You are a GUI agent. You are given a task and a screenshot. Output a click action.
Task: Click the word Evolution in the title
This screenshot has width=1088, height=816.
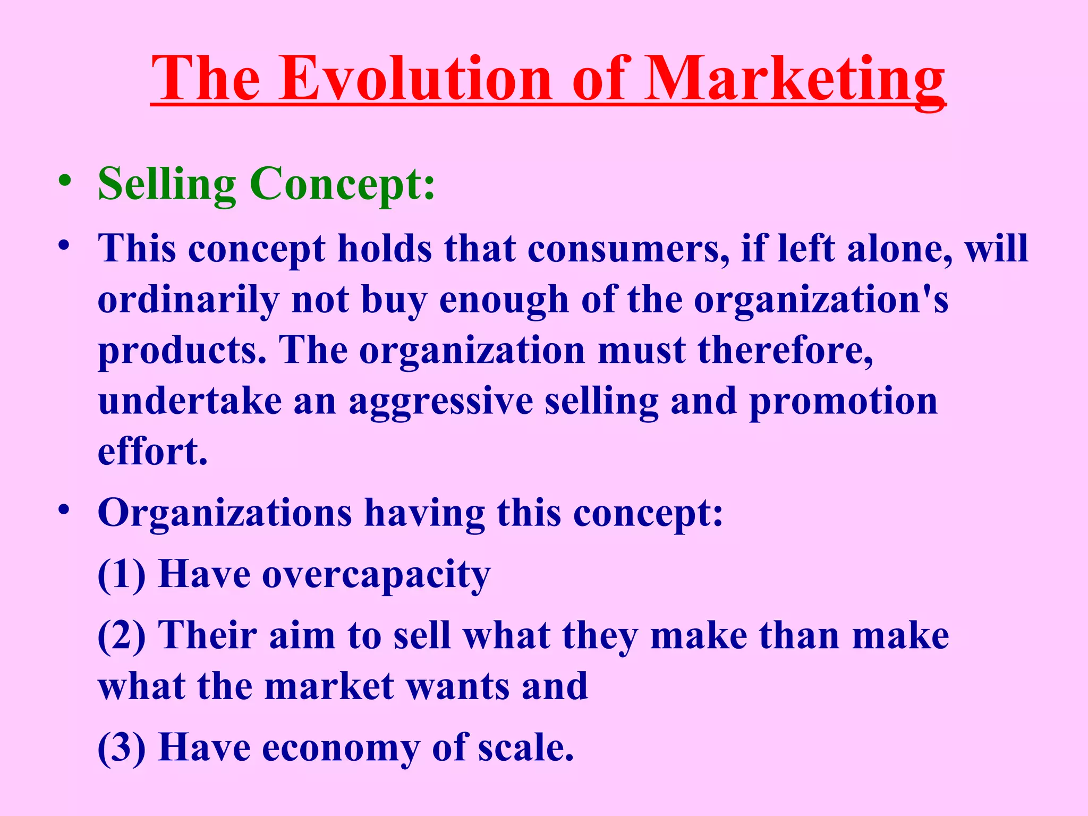point(416,80)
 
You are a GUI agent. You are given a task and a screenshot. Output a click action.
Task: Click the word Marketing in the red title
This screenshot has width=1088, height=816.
point(795,80)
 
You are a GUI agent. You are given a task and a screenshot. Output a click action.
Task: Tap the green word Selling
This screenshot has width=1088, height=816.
point(167,184)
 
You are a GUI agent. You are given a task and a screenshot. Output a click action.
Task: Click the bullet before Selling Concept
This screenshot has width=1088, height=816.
point(65,181)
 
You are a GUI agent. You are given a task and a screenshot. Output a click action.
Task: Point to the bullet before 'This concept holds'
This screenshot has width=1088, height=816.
point(65,246)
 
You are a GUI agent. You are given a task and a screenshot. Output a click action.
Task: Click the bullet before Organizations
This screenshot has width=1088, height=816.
point(65,510)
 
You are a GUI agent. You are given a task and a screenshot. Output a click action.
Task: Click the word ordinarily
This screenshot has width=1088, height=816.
point(188,300)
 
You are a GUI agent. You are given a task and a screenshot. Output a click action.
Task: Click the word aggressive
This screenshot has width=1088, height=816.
point(441,402)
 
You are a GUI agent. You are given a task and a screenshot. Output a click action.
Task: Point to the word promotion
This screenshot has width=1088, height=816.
point(844,402)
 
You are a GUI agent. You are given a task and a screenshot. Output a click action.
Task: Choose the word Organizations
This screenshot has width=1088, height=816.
point(225,513)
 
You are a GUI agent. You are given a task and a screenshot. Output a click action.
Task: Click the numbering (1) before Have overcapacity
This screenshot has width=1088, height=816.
point(122,575)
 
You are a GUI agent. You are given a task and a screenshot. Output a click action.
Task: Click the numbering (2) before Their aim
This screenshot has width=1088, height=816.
point(122,636)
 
